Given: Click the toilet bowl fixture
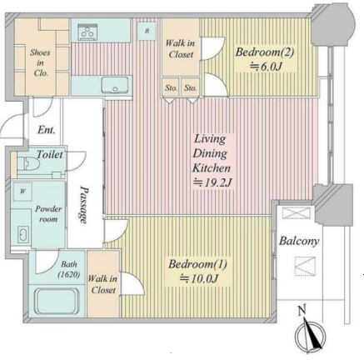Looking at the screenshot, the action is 27,164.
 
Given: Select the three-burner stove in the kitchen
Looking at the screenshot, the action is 87,32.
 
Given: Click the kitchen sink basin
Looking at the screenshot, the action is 114,85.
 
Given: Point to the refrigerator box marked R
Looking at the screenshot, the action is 147,31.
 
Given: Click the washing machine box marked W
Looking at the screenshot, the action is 22,192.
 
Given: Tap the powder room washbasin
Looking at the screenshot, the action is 23,235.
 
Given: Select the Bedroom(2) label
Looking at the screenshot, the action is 264,52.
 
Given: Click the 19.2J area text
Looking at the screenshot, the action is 212,182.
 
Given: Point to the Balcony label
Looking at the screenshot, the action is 299,241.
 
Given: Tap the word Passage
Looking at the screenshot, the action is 83,205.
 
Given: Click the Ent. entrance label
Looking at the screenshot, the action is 47,130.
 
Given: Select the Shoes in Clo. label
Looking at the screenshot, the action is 41,62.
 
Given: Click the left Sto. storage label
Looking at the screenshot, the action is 171,88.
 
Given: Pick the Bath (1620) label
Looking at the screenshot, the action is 69,269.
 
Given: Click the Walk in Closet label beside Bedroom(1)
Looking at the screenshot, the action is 102,284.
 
